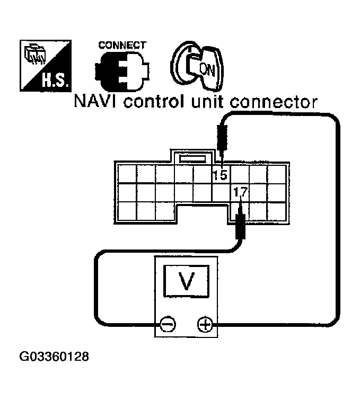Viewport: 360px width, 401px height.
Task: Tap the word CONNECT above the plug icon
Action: (121, 46)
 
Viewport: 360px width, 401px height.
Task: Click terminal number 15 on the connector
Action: (219, 174)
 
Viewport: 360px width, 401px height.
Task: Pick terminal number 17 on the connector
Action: (239, 192)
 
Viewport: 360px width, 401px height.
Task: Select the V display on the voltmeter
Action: (186, 281)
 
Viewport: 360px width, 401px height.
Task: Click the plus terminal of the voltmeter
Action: (204, 323)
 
